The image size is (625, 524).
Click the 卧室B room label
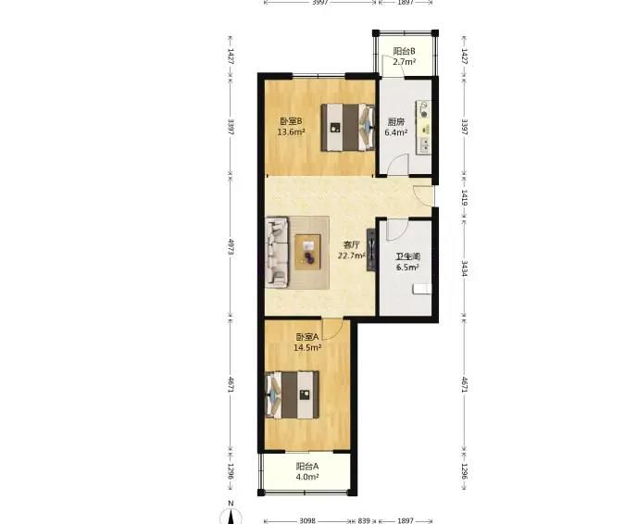(x=291, y=121)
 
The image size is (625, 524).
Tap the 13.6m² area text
(x=292, y=131)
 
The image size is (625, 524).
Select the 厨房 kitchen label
(x=395, y=122)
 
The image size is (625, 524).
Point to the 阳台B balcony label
(x=405, y=52)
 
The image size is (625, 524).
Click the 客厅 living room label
(x=352, y=244)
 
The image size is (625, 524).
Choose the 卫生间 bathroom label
(x=408, y=256)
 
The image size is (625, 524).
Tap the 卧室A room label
(x=306, y=337)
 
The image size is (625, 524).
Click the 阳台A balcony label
(x=307, y=467)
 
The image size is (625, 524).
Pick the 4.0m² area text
(x=307, y=477)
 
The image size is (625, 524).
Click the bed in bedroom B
(x=348, y=128)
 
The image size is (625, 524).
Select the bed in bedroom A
(x=293, y=395)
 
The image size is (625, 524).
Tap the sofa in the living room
(x=277, y=252)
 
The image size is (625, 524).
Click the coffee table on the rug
(x=307, y=252)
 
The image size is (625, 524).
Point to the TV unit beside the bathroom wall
(x=371, y=250)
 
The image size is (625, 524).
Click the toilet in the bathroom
(x=422, y=289)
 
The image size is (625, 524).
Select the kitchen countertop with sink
(x=424, y=128)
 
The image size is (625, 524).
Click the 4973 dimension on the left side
(x=231, y=247)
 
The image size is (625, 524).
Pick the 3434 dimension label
(x=465, y=268)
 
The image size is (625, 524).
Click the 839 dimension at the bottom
(x=364, y=520)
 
